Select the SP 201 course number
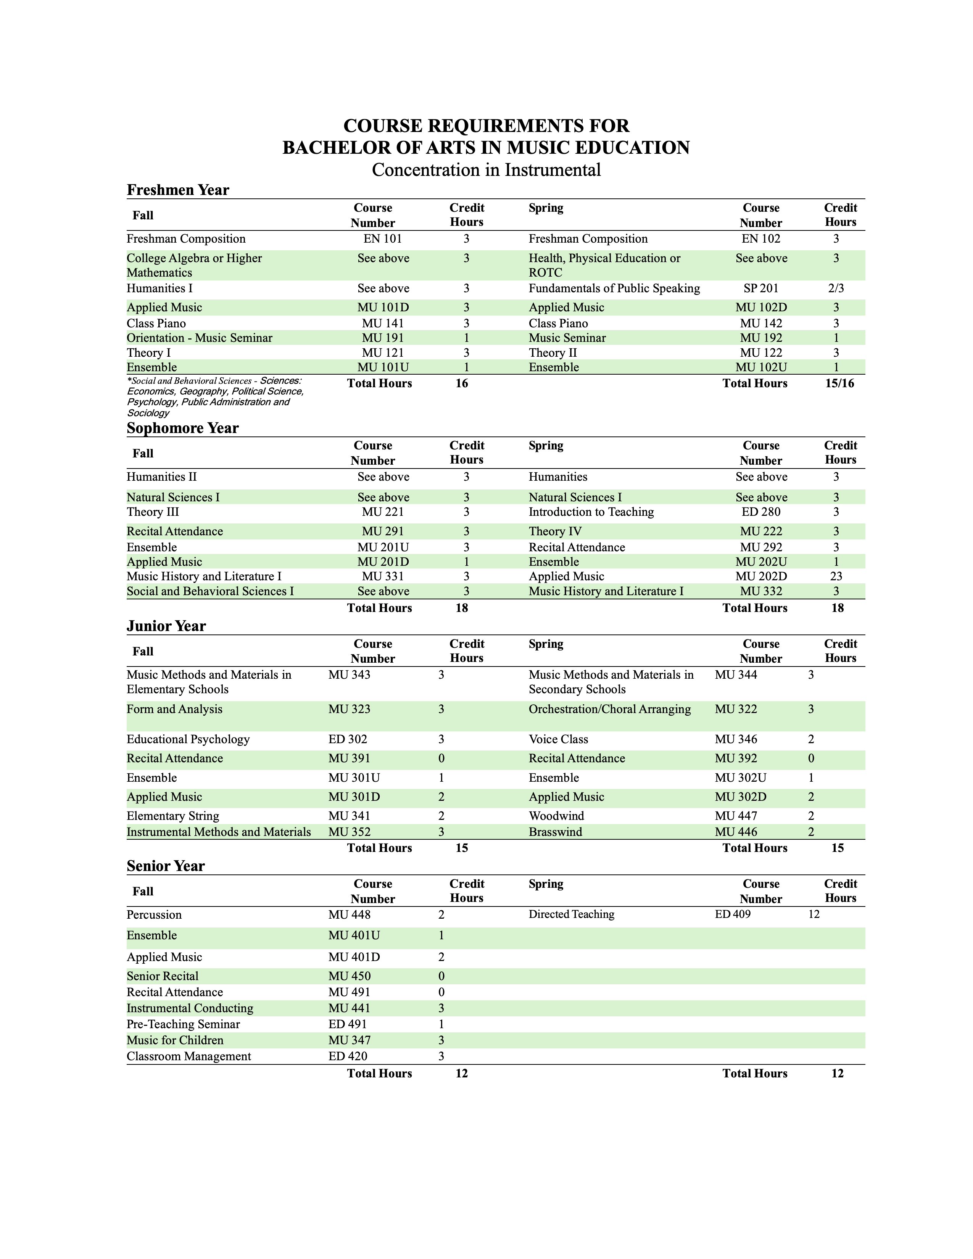(761, 288)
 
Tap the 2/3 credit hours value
(836, 288)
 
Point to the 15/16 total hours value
(839, 383)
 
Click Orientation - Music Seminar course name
(200, 338)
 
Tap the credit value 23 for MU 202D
(836, 576)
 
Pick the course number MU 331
(383, 576)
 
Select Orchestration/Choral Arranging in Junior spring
(609, 709)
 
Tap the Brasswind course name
(555, 832)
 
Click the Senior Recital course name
(163, 976)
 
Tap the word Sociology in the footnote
(148, 413)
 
